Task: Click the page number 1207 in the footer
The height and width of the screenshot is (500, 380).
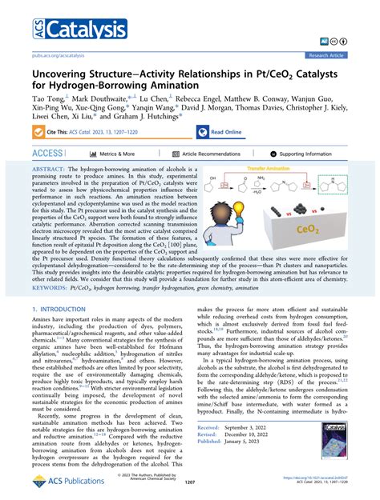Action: (190, 483)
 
